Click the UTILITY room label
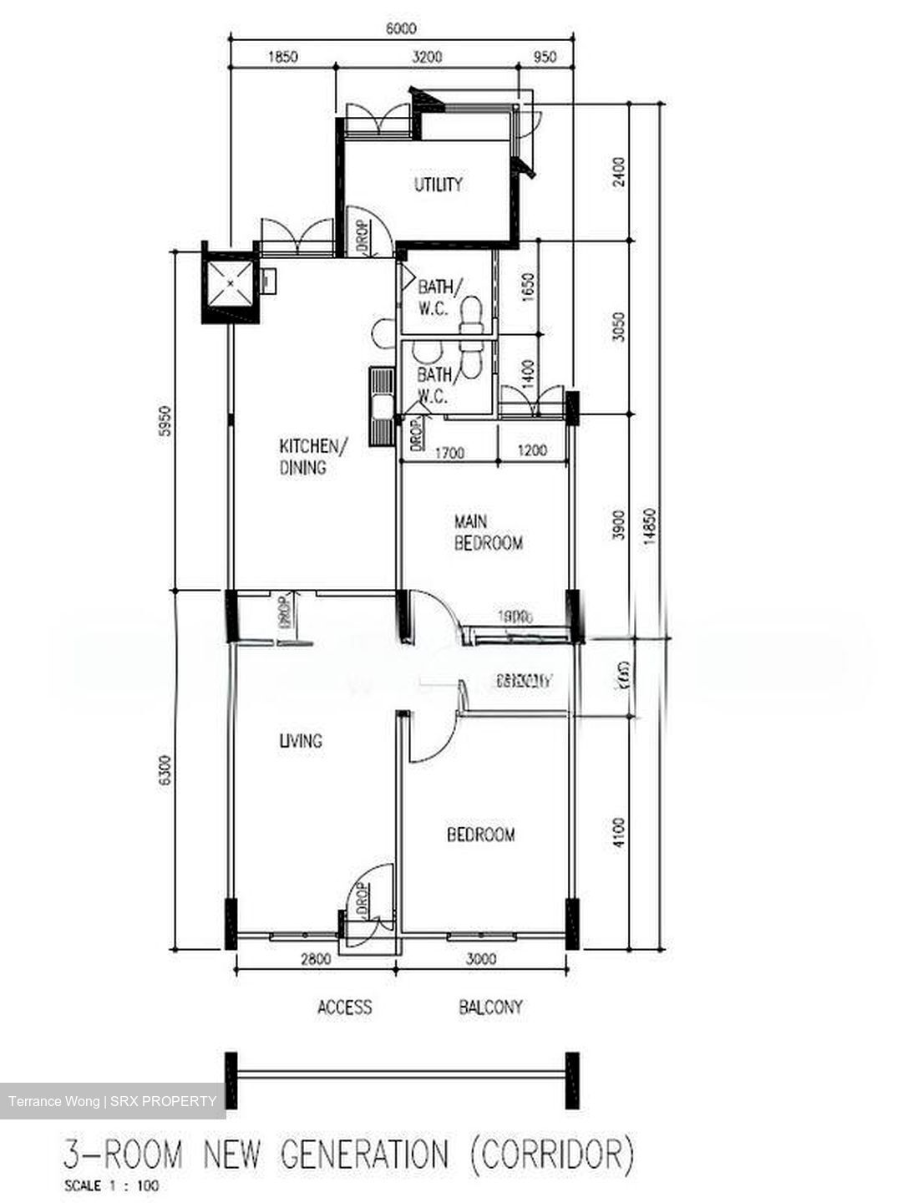point(438,185)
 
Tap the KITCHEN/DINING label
point(310,456)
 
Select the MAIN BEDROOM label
point(488,532)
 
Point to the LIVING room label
point(301,740)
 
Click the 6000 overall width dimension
point(401,29)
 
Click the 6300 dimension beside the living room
point(165,769)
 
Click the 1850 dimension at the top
point(282,58)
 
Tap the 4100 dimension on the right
point(618,833)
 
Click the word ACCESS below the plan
point(344,1007)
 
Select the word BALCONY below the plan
point(490,1007)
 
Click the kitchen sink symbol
point(383,408)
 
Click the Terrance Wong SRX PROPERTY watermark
point(112,1101)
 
